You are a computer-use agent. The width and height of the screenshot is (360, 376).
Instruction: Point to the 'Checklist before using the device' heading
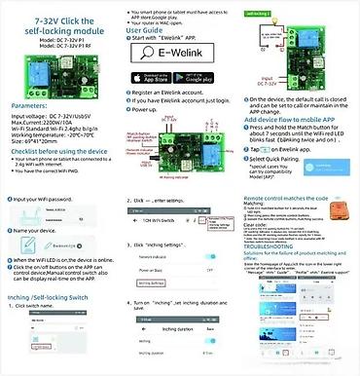click(60, 151)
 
